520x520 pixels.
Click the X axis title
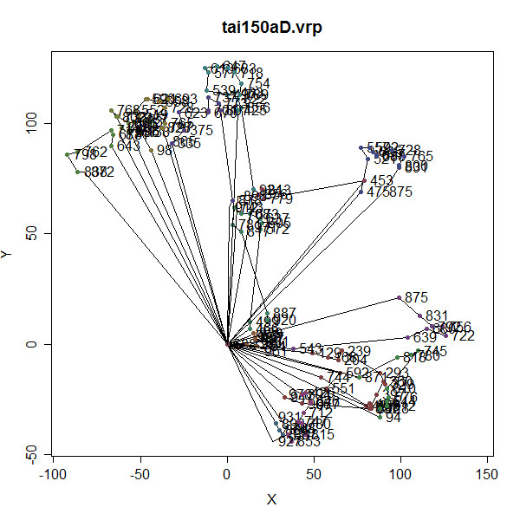[271, 499]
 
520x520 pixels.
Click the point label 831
[438, 316]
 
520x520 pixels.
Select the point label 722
[464, 336]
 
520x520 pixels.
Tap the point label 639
[425, 337]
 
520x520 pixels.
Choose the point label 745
[436, 351]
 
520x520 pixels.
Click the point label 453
[381, 181]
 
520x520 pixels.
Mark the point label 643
[128, 146]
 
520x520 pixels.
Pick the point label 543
[310, 348]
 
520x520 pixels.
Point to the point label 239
[359, 351]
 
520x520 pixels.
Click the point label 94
[393, 418]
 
